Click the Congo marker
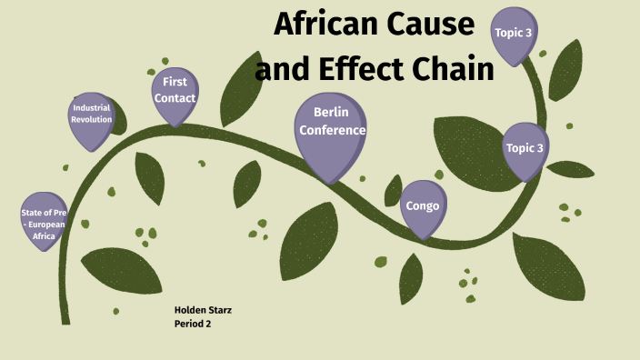tap(423, 206)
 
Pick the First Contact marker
tap(175, 92)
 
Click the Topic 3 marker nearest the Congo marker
tap(525, 148)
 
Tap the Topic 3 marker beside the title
tap(513, 34)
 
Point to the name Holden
tap(190, 310)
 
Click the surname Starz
tap(220, 310)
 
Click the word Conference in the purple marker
tap(332, 130)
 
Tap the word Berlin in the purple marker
tap(332, 112)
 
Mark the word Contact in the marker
tap(175, 98)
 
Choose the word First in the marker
tap(175, 82)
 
